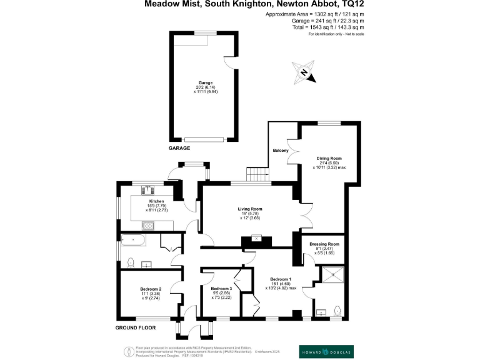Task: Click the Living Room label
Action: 249,209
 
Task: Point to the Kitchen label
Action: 156,201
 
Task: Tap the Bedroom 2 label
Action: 152,289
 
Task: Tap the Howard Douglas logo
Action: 326,351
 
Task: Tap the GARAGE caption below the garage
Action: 179,148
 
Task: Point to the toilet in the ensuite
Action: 337,310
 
